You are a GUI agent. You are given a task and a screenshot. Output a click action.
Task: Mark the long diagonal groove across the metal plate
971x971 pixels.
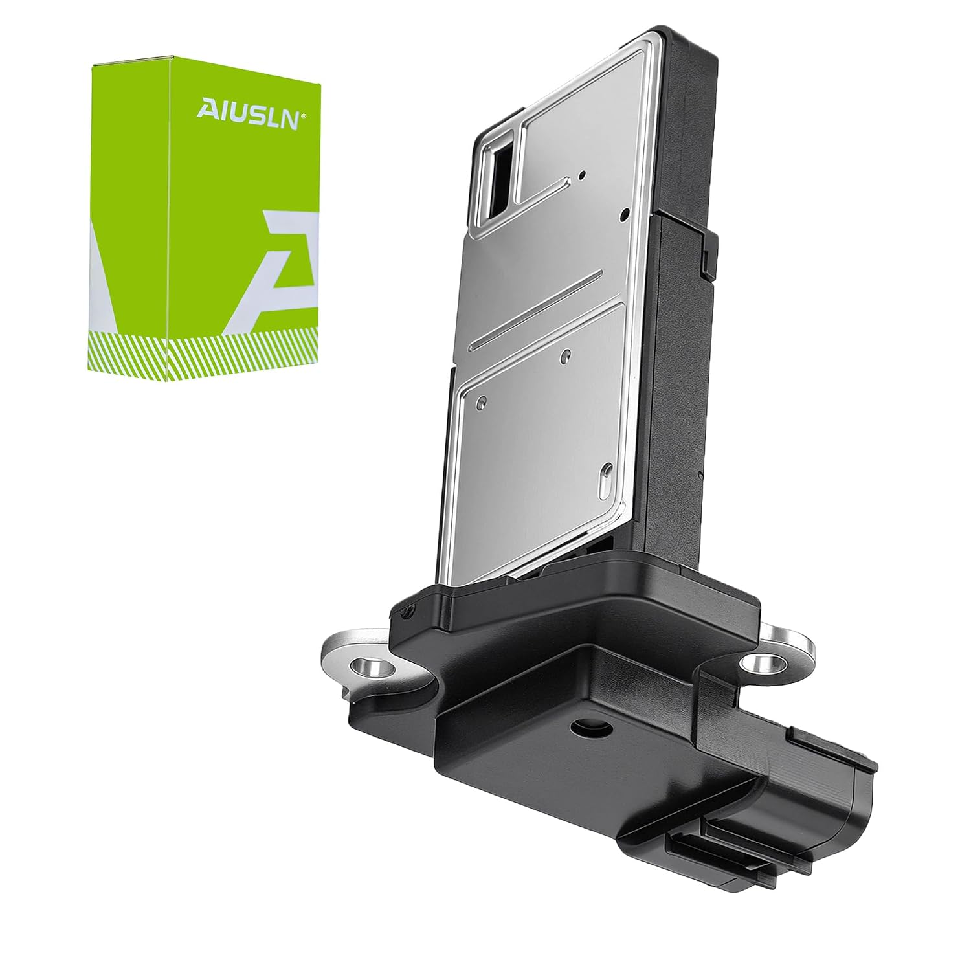(536, 311)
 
